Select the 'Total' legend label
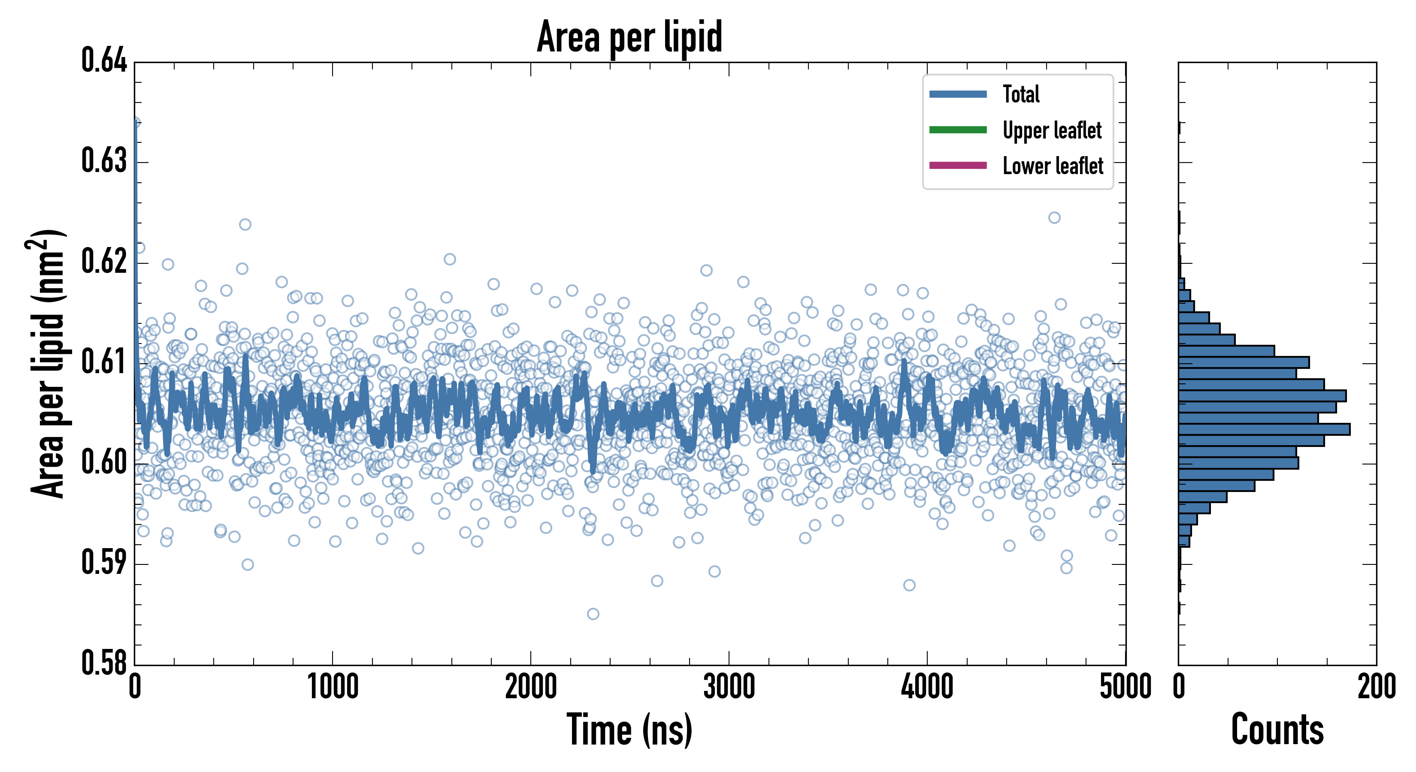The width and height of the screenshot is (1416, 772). coord(1021,94)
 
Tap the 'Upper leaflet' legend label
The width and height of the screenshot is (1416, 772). coord(1052,130)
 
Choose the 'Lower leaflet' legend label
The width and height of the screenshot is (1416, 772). coord(1053,166)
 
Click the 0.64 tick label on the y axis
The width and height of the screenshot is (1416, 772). coord(104,60)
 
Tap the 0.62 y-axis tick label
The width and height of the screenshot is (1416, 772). coord(104,261)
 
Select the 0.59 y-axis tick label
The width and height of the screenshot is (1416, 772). coord(104,563)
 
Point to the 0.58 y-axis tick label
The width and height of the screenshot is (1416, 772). coord(104,663)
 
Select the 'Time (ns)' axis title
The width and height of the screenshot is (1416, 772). coord(629,730)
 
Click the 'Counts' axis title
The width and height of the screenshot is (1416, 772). coord(1277,730)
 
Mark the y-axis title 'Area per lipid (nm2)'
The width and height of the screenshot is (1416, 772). coord(47,364)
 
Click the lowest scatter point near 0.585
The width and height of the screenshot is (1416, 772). coord(593,614)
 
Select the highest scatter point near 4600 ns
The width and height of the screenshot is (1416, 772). coord(1054,217)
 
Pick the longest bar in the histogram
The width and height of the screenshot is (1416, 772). coord(1264,429)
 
